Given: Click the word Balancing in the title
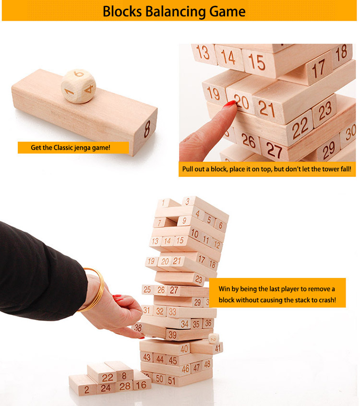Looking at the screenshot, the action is click(x=175, y=12).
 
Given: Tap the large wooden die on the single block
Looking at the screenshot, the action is click(x=78, y=86).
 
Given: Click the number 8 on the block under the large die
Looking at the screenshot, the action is click(x=147, y=129).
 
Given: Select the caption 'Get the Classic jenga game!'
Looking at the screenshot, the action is click(x=71, y=148).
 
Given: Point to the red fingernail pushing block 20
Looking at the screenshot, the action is click(x=230, y=104).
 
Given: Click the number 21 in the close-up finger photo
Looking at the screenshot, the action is click(x=267, y=109).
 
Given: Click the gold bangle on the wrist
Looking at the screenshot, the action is click(x=95, y=289).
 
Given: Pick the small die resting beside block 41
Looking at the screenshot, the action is click(x=214, y=338).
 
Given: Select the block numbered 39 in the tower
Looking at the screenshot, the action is click(x=189, y=334).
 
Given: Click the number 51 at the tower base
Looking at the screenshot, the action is click(x=172, y=381).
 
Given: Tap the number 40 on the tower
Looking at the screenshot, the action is click(x=184, y=349).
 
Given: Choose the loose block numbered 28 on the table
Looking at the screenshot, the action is click(x=125, y=386).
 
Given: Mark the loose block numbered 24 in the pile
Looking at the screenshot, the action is click(x=106, y=388).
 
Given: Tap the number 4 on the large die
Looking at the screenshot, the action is click(x=89, y=89).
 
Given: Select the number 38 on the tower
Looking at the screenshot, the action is click(x=138, y=328).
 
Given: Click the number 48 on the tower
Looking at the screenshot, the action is click(x=207, y=365).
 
